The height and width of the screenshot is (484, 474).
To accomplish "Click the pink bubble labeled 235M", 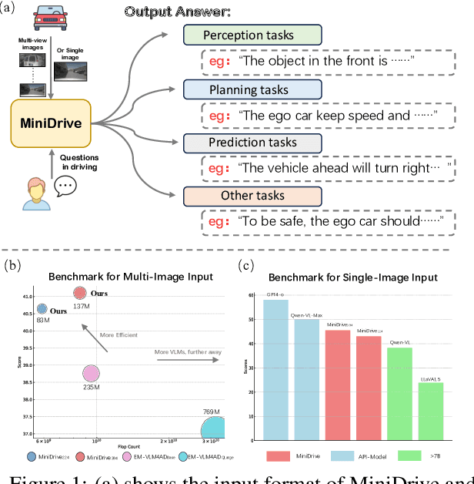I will coord(92,374).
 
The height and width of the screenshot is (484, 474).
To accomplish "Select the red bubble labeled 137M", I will coord(80,293).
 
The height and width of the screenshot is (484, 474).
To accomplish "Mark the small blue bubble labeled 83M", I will coord(43,309).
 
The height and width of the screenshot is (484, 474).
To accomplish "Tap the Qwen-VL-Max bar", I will coord(307,378).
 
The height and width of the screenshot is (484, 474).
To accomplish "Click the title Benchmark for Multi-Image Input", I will coord(121,276).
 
